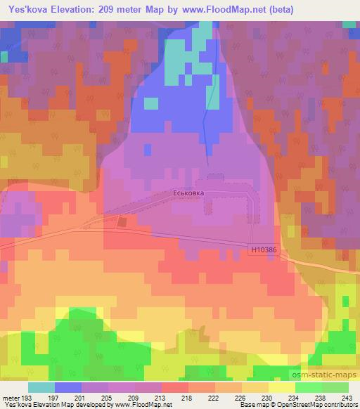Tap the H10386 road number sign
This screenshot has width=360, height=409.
(x=263, y=248)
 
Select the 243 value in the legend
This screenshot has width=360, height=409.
(x=347, y=398)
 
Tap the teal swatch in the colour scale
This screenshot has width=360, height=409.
(x=41, y=387)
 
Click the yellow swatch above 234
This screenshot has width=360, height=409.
(x=283, y=387)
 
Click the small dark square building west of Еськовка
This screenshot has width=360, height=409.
(x=122, y=222)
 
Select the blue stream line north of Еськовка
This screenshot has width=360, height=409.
(x=205, y=116)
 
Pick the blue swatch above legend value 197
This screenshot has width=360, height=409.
(x=68, y=387)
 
